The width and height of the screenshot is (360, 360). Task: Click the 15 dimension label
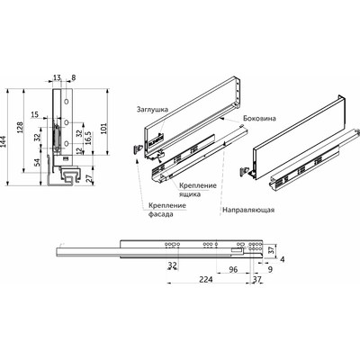click(x=34, y=114)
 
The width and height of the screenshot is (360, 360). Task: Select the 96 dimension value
click(x=233, y=267)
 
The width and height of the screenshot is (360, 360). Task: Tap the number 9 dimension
click(x=271, y=267)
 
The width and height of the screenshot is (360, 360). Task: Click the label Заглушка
click(x=151, y=106)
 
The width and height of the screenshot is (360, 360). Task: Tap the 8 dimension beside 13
click(x=73, y=78)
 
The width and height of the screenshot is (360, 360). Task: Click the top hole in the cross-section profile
click(x=67, y=103)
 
